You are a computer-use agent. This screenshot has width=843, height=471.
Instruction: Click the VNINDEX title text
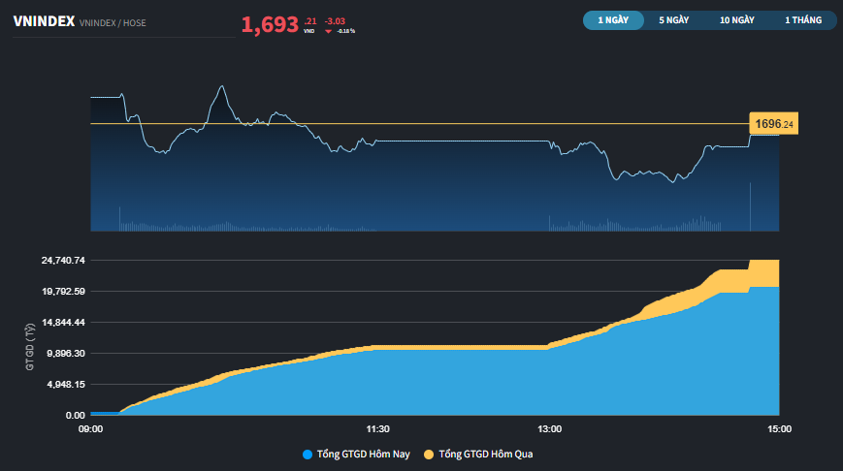point(44,20)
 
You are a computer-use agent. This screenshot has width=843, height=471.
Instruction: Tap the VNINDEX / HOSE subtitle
point(113,21)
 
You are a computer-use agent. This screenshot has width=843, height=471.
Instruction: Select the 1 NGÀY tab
point(614,19)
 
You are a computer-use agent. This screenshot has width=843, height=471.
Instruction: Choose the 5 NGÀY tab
point(673,19)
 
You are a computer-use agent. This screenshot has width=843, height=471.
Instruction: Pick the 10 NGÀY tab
point(736,19)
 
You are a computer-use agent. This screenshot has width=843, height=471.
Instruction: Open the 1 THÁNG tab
point(803,19)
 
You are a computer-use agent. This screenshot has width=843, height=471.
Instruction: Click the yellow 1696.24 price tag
point(774,124)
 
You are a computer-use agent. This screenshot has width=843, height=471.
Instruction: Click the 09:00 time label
point(90,428)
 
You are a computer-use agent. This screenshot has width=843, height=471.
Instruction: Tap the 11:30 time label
point(377,428)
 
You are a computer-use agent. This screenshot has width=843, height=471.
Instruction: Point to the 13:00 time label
point(549,428)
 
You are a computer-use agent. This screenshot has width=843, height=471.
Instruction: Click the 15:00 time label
point(779,428)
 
